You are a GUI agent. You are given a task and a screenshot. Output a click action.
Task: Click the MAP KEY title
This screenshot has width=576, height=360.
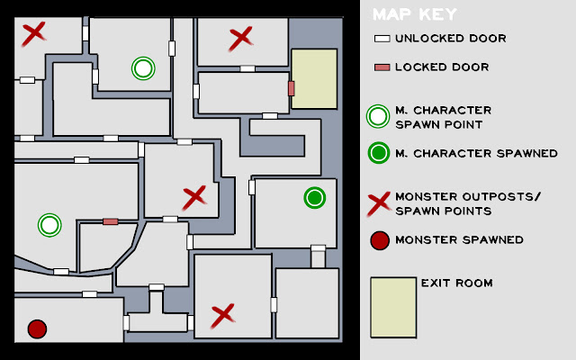pos(414,14)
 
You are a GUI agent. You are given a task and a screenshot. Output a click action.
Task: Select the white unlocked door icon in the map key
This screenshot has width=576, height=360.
pos(382,39)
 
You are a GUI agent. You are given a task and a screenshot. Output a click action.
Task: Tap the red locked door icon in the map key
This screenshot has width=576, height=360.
pos(382,67)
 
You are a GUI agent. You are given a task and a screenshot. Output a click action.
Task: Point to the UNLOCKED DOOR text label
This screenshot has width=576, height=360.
pos(451,38)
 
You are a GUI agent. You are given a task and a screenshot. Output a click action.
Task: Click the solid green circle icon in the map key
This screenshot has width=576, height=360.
pos(378,153)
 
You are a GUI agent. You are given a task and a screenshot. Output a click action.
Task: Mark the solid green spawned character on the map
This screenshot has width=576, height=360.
pos(315,198)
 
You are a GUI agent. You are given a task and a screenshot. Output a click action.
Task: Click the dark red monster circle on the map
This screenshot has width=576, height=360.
pos(37,328)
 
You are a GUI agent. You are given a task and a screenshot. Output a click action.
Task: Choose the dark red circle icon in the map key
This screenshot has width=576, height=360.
pos(380,240)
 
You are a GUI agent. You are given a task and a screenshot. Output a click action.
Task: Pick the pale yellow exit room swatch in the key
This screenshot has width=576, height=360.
pos(393,308)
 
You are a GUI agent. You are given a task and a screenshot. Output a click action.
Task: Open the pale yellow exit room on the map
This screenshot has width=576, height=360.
pos(314,78)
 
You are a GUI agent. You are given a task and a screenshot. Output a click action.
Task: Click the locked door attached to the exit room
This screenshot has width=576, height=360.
pos(292,88)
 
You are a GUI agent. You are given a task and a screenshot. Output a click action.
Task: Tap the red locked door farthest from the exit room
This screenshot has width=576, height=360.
pos(110,221)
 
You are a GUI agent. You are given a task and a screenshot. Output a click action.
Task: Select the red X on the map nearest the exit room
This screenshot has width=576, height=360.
pos(241,38)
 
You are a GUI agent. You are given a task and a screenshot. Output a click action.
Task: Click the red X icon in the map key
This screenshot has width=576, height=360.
pos(379,204)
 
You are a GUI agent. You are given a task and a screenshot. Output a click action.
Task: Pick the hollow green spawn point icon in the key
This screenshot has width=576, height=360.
pos(378,116)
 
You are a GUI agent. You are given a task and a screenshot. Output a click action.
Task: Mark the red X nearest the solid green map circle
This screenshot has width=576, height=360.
pos(194,198)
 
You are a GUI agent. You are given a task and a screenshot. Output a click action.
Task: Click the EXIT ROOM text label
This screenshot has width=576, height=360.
pos(456,283)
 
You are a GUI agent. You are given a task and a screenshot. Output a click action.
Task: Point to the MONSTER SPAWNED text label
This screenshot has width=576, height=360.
pos(459,240)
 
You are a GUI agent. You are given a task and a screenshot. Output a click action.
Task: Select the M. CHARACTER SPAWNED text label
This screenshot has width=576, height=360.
pos(476,153)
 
